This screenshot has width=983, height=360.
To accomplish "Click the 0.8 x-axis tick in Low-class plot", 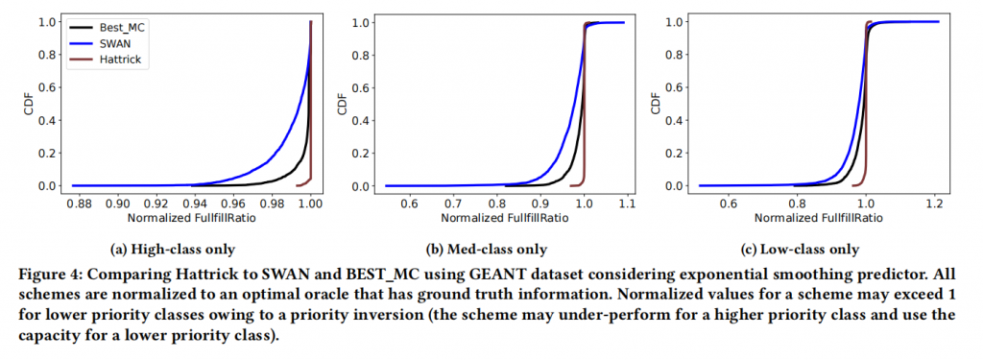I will click(x=796, y=204).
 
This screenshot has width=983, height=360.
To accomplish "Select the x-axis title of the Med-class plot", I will click(x=505, y=218).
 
